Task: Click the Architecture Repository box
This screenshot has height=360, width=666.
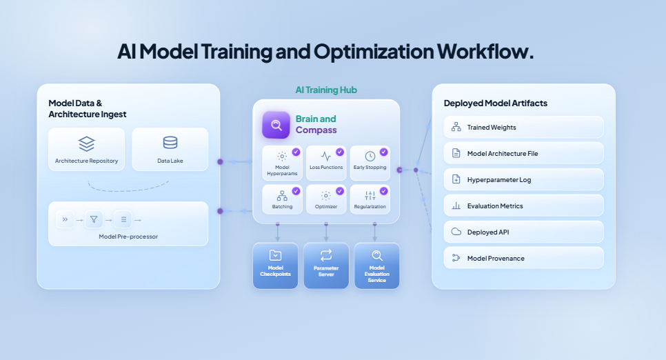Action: pos(86,149)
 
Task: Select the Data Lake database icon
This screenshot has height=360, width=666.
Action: pos(170,143)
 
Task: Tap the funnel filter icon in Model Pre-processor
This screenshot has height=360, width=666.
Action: pos(94,220)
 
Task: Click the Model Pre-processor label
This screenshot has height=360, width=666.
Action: pos(128,237)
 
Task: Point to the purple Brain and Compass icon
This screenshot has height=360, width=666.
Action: pos(276,125)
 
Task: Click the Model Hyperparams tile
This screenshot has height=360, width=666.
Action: pos(282,163)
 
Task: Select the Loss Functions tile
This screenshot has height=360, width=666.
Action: pos(326,163)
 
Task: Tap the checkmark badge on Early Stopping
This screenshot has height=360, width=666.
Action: pos(384,152)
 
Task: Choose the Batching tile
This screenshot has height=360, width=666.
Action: pos(282,199)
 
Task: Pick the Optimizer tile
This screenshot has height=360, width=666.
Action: pos(326,199)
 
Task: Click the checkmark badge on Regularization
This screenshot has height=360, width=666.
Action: pos(384,191)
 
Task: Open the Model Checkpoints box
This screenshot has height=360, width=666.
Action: pos(276,265)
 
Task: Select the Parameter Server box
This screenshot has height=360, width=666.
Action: pos(326,265)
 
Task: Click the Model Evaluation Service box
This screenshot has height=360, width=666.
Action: pos(377,266)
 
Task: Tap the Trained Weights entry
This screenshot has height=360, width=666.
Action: pos(523,127)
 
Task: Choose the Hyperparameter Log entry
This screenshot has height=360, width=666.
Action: pos(523,179)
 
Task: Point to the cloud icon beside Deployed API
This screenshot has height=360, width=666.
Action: pos(456,232)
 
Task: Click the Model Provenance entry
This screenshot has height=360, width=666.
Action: pos(523,258)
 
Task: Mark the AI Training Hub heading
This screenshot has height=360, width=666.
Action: pos(326,90)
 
